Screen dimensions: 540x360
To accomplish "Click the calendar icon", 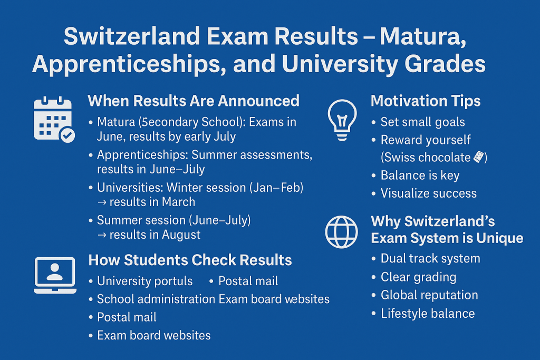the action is pyautogui.click(x=53, y=119).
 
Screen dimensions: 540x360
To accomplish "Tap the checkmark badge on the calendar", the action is pyautogui.click(x=67, y=135).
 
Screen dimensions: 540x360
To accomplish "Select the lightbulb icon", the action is pyautogui.click(x=342, y=120).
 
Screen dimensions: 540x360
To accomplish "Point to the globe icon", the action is pyautogui.click(x=341, y=232).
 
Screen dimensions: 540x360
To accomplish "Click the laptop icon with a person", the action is pyautogui.click(x=55, y=275).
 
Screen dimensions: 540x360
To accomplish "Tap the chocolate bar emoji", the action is pyautogui.click(x=479, y=157).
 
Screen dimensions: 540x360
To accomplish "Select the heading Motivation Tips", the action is pyautogui.click(x=426, y=101).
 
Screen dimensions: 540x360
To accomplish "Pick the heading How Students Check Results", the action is pyautogui.click(x=190, y=260).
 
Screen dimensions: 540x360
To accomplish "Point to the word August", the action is pyautogui.click(x=181, y=235).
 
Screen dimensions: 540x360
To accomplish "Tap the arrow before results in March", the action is pyautogui.click(x=102, y=202).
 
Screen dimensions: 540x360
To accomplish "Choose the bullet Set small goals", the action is pyautogui.click(x=422, y=122).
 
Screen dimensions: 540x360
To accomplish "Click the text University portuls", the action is pyautogui.click(x=144, y=281).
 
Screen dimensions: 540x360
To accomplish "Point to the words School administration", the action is pyautogui.click(x=156, y=299).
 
